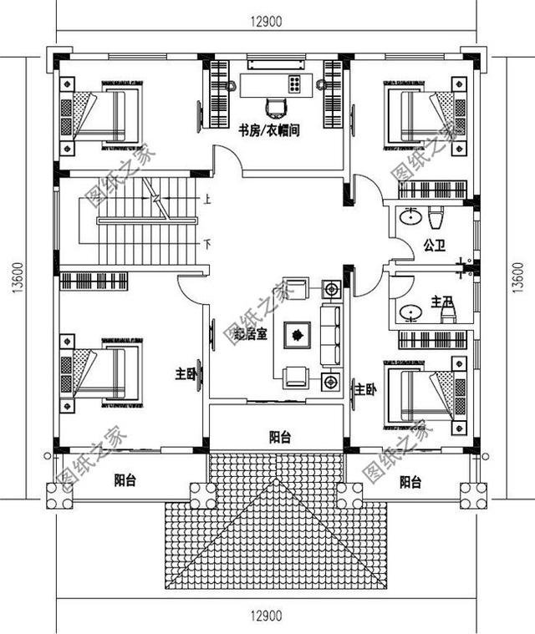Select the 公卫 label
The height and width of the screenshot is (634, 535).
pos(433,246)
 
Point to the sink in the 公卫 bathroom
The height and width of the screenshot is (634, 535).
pos(411,219)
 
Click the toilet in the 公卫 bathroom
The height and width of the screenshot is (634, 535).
pos(434,220)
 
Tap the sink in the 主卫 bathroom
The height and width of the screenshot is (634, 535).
pos(410,314)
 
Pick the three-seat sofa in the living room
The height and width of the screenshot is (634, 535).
pos(330,334)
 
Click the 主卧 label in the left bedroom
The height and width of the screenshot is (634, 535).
pos(186,374)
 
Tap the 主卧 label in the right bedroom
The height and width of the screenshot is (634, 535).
pos(364,389)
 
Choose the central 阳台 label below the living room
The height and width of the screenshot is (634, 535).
pos(280,436)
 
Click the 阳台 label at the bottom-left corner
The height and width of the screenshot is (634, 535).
pos(125,481)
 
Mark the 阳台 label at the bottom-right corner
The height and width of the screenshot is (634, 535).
pos(410,482)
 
